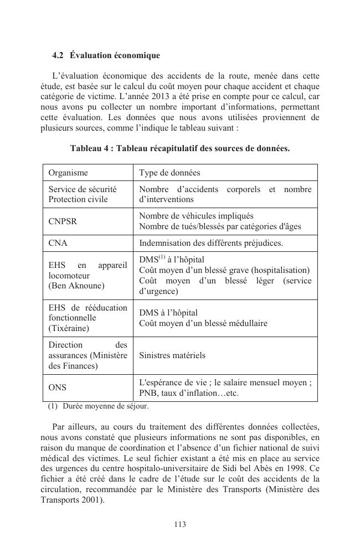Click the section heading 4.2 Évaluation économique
coord(106,56)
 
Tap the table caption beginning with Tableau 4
coord(179,148)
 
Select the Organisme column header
coord(68,173)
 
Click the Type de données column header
coord(169,173)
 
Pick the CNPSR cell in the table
coord(63,221)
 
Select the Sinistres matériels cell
coord(172,355)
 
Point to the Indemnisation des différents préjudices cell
coord(211,243)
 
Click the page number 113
coord(179,525)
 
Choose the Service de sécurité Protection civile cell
coord(82,194)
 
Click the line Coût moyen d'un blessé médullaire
coord(203,323)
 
